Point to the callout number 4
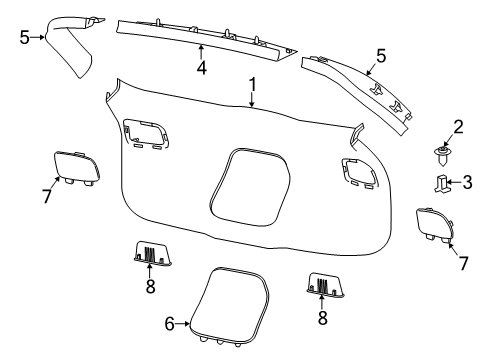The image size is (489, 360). point(201,68)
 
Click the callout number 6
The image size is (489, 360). point(169,322)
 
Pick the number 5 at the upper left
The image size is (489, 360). point(25,37)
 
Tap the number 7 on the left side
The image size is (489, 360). point(45,196)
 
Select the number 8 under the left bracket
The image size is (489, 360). point(151,287)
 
